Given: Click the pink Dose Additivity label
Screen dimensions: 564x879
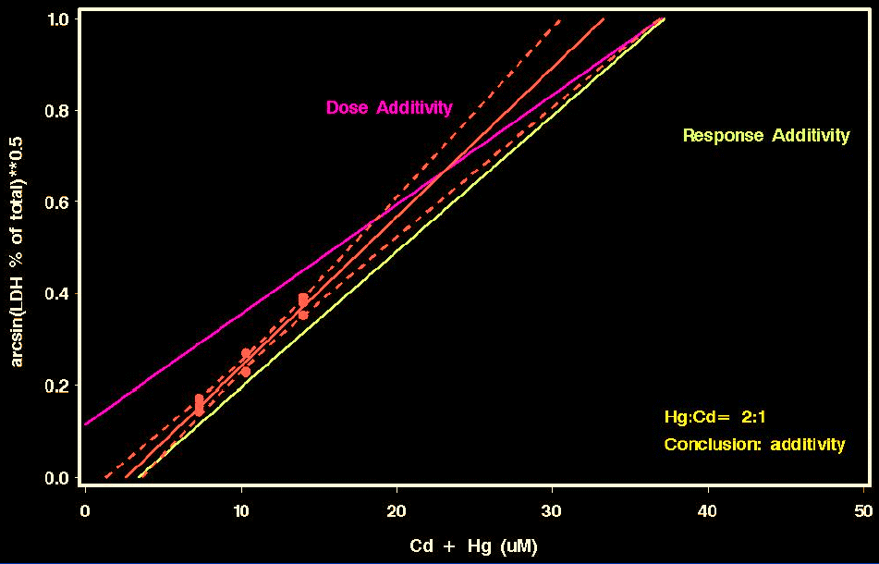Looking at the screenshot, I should (x=389, y=108).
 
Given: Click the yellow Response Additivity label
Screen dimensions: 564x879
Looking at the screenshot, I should (x=765, y=136).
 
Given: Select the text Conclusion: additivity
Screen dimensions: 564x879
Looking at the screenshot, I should (x=754, y=445).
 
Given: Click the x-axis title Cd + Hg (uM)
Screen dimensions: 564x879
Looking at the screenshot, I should (x=473, y=546).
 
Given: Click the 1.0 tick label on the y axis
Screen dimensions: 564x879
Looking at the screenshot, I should (x=58, y=19).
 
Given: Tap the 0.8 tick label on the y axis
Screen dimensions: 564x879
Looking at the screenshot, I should (x=58, y=111).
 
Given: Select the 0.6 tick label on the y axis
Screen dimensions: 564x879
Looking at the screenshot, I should (x=58, y=202).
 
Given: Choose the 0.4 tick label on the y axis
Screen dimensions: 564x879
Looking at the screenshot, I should (x=58, y=294).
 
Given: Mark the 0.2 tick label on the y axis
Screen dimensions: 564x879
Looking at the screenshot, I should (x=58, y=386).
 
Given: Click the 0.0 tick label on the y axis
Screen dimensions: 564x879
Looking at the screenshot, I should (x=58, y=477).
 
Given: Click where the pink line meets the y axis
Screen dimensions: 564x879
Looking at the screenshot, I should (x=86, y=423).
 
